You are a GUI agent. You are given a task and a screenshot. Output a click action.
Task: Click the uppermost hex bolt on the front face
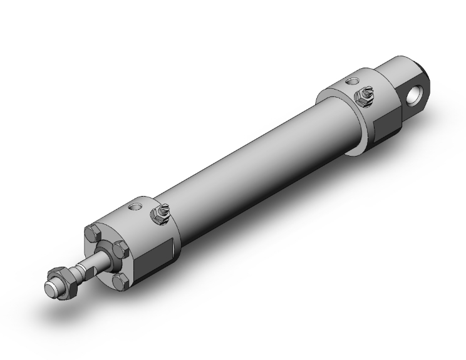94,234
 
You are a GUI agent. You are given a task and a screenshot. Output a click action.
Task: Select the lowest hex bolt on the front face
120,282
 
